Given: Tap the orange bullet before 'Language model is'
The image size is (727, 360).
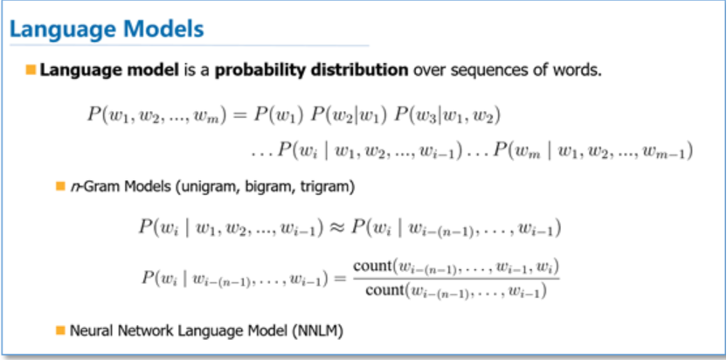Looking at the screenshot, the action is pyautogui.click(x=31, y=71).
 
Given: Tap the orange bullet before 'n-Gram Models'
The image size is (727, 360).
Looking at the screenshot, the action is pyautogui.click(x=60, y=186).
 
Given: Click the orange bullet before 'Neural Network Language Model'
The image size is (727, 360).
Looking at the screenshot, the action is pyautogui.click(x=60, y=330).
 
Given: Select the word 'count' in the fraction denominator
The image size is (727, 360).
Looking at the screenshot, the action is pyautogui.click(x=385, y=291).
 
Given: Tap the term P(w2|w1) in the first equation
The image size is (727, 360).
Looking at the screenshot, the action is pyautogui.click(x=349, y=115).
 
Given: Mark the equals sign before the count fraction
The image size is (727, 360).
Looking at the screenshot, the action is pyautogui.click(x=340, y=279).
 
